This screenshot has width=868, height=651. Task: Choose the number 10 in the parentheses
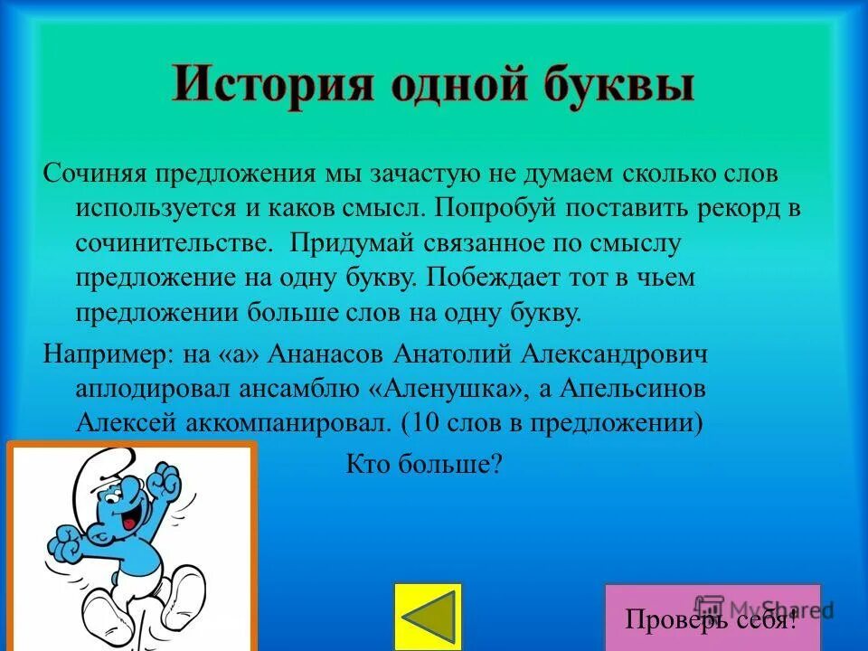pyautogui.click(x=422, y=422)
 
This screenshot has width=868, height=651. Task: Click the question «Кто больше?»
pyautogui.click(x=423, y=464)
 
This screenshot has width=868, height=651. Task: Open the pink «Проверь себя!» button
pyautogui.click(x=712, y=618)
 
